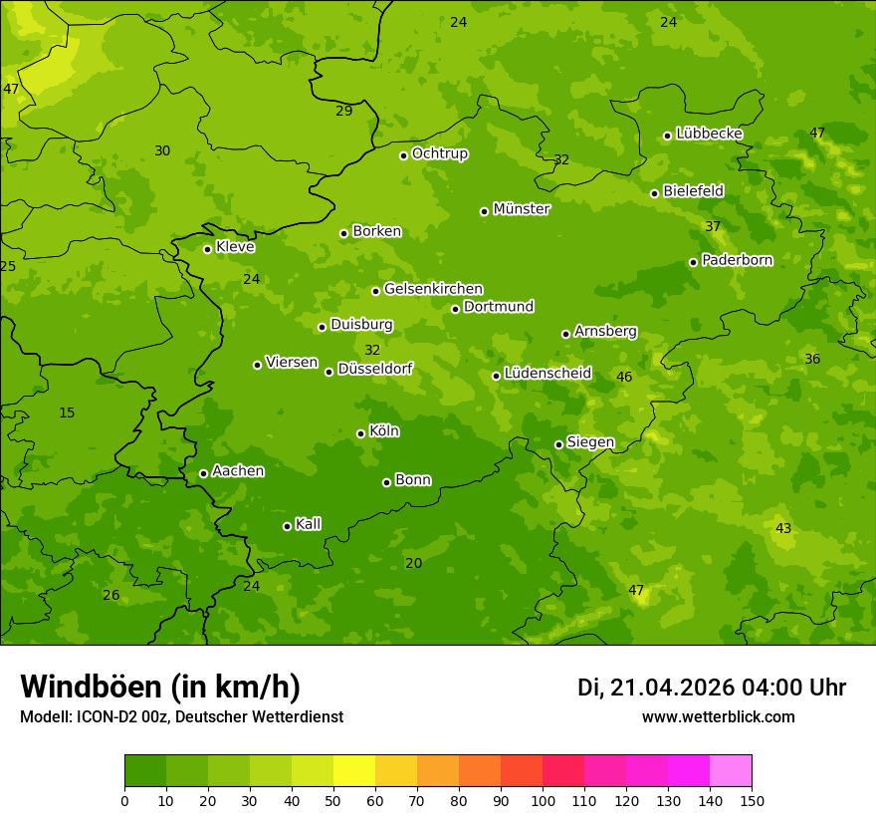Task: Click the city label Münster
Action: click(521, 209)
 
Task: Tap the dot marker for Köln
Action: click(360, 433)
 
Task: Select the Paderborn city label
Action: click(737, 260)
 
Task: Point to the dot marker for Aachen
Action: click(203, 473)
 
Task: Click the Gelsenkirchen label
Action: click(433, 289)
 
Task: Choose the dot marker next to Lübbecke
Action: click(667, 136)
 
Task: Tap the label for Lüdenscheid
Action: click(547, 374)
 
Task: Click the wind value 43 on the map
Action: click(783, 528)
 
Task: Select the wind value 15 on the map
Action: click(67, 413)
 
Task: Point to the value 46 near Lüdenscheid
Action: click(624, 377)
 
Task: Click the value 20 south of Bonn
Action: click(413, 563)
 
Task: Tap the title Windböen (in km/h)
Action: click(160, 687)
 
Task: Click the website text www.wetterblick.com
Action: click(718, 716)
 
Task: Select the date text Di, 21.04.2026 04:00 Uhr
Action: click(711, 688)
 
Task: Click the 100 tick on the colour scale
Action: click(543, 800)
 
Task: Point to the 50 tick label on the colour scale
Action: click(333, 800)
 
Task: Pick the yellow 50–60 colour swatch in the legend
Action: click(354, 771)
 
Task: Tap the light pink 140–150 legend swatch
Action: click(731, 771)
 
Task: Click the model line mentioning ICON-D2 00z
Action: click(181, 716)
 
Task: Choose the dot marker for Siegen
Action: click(558, 444)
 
